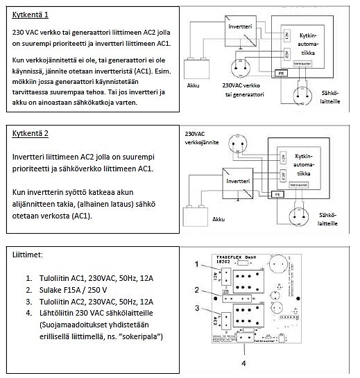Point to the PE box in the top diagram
pyautogui.click(x=282, y=71)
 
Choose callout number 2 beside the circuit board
pyautogui.click(x=197, y=289)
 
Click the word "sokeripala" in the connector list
pyautogui.click(x=138, y=336)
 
